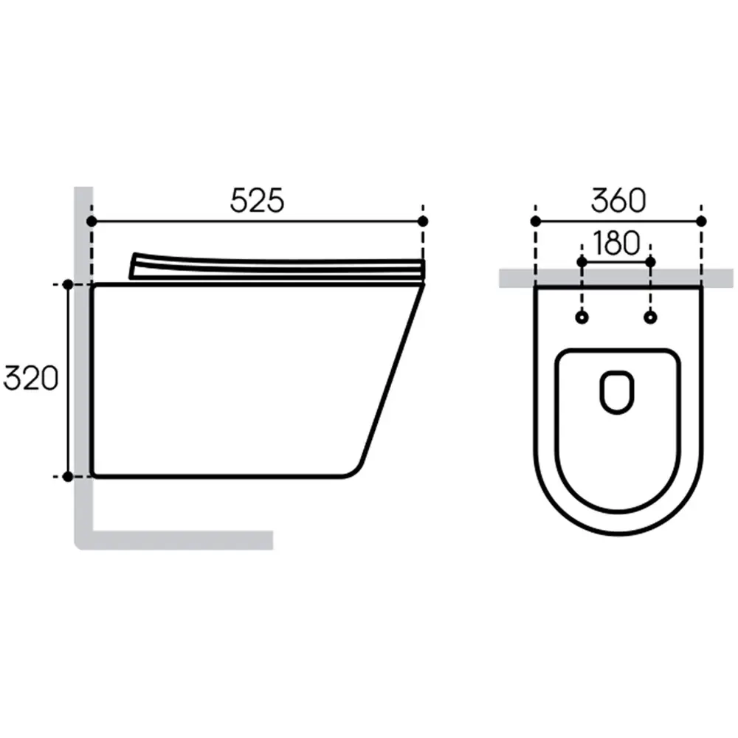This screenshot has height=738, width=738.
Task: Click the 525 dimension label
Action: [257, 201]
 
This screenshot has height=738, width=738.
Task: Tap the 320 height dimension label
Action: [30, 379]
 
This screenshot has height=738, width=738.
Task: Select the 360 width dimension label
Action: [618, 201]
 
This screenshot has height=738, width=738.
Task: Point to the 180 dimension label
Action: [616, 243]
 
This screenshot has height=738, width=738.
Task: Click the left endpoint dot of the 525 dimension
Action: [92, 221]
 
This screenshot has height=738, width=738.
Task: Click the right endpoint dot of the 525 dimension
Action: [423, 221]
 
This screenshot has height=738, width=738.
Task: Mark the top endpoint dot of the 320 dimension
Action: [68, 285]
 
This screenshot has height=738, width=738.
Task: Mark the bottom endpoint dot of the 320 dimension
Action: [68, 477]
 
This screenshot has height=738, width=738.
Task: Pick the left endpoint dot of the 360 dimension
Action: [536, 221]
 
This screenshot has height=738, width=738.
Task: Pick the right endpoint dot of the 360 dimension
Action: [701, 221]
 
